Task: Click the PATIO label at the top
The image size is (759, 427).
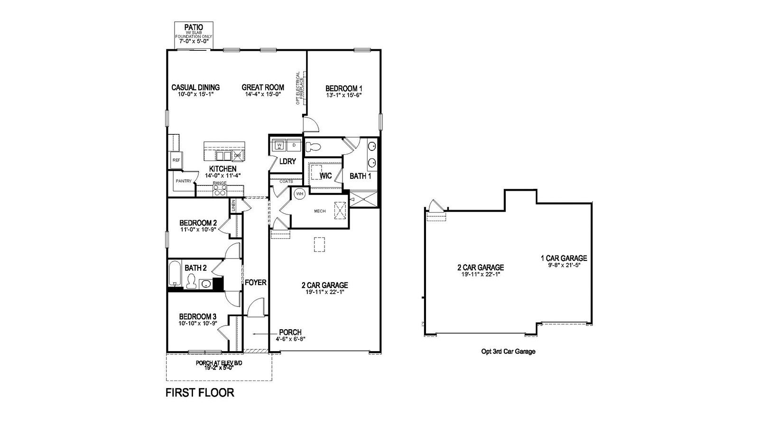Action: [194, 28]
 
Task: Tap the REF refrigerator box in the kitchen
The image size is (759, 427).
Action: [176, 160]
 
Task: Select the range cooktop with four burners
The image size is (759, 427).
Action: [220, 190]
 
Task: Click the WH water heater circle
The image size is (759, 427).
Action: [300, 194]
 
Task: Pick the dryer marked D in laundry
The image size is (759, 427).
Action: [294, 145]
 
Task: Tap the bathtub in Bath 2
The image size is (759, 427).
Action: [175, 274]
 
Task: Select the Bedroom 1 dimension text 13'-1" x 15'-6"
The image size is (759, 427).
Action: [344, 95]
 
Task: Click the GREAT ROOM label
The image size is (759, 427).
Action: [263, 87]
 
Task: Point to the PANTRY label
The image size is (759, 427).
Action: [184, 181]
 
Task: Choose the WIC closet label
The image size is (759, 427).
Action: [325, 176]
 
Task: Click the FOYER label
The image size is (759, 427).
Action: [256, 282]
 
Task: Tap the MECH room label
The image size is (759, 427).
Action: [320, 211]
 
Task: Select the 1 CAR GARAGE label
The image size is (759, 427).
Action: [564, 259]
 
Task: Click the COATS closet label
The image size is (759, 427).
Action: [287, 181]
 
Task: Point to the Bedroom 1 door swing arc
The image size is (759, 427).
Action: [311, 124]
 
